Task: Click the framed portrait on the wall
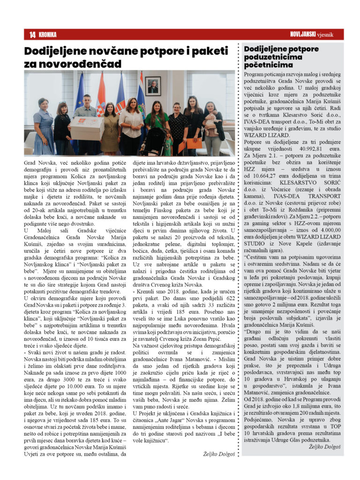pos(152,87)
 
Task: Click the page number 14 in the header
pos(32,35)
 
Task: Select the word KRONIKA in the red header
pos(48,35)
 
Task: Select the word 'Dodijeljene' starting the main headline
pos(61,50)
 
